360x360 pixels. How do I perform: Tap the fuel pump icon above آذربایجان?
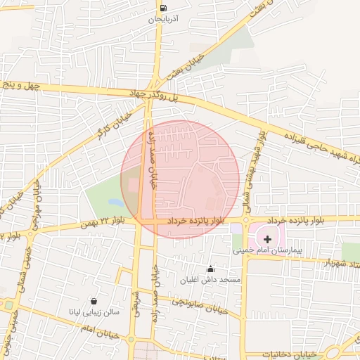[163, 8]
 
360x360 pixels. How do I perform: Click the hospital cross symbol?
[267, 240]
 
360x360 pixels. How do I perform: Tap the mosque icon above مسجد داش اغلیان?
[210, 269]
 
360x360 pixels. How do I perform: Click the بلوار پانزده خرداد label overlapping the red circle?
[196, 221]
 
